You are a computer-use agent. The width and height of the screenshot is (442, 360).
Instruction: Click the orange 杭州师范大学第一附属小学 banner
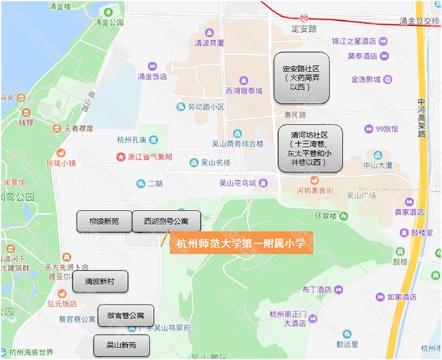click(x=240, y=243)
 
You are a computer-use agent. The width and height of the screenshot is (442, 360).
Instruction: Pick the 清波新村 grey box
click(x=100, y=281)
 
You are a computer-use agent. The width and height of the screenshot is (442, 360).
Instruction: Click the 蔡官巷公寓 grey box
click(x=126, y=316)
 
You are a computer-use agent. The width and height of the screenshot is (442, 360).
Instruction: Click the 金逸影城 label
click(x=366, y=79)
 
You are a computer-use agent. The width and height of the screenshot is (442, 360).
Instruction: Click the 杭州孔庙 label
click(x=137, y=140)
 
